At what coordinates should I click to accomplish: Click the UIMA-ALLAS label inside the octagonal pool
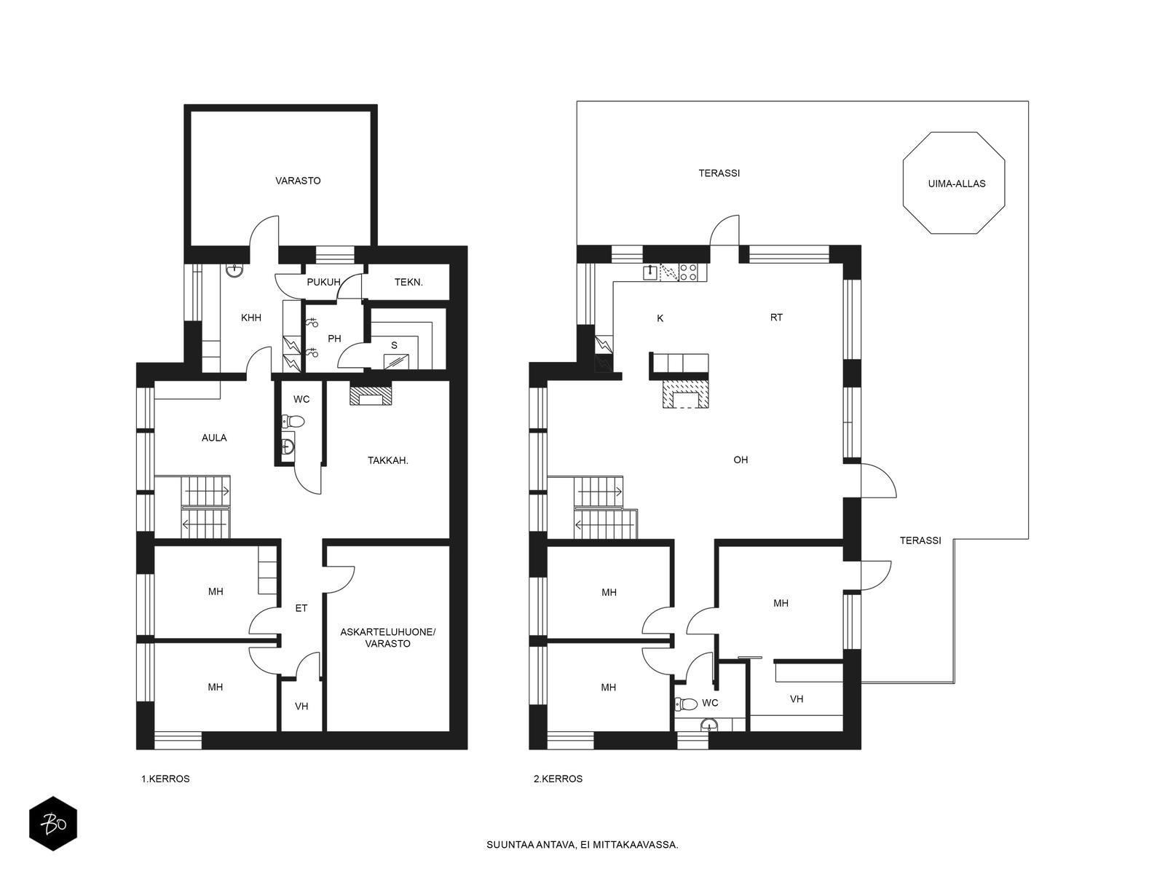957,184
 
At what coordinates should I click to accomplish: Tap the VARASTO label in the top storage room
298,181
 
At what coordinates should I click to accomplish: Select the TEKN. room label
408,283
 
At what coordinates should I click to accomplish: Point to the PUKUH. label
324,283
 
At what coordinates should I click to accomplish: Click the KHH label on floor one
251,318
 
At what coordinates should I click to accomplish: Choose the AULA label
214,438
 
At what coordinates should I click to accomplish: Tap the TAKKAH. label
388,460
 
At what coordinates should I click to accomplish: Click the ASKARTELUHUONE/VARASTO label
388,638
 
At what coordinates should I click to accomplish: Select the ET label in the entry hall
301,608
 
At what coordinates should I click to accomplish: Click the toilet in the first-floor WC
293,422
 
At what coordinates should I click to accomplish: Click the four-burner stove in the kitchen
688,272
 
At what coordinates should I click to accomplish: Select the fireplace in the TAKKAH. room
371,394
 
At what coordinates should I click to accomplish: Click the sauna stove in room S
397,361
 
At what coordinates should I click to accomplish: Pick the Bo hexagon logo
53,824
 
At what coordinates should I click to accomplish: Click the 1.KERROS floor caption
165,779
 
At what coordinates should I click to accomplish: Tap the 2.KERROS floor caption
558,779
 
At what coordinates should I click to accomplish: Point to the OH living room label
741,460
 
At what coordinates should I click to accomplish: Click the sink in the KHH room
234,271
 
